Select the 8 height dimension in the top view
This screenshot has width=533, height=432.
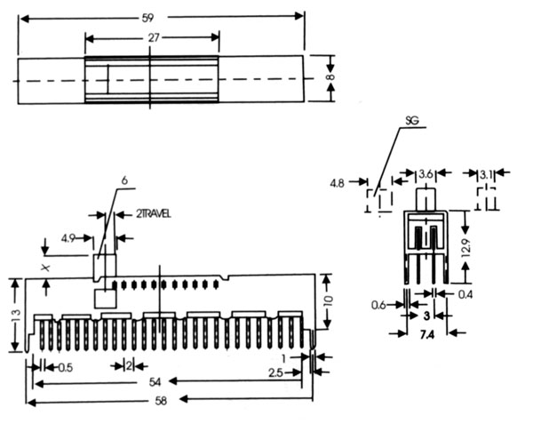pos(331,78)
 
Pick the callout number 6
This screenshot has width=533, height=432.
pos(124,180)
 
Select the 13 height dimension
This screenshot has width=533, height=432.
pos(14,316)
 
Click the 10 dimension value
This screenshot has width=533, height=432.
pos(327,300)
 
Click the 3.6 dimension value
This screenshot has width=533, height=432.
pos(426,173)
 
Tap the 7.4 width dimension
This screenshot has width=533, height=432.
pos(426,332)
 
